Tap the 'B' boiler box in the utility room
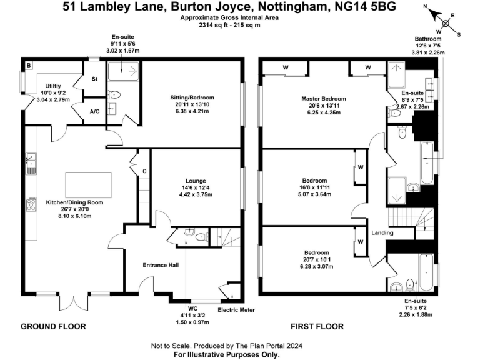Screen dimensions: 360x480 [29, 65]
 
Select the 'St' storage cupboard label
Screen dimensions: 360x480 [95, 79]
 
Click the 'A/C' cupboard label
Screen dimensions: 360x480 [95, 111]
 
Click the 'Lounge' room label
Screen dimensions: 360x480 [191, 181]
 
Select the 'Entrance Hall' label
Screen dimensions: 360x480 [161, 266]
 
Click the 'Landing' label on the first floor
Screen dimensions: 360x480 [382, 233]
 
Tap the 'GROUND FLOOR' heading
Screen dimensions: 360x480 [53, 326]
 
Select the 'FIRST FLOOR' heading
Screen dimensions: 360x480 [317, 326]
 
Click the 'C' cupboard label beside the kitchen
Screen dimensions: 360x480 [144, 171]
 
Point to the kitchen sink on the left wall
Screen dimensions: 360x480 [31, 164]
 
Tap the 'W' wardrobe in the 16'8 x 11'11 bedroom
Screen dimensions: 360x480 [361, 167]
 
